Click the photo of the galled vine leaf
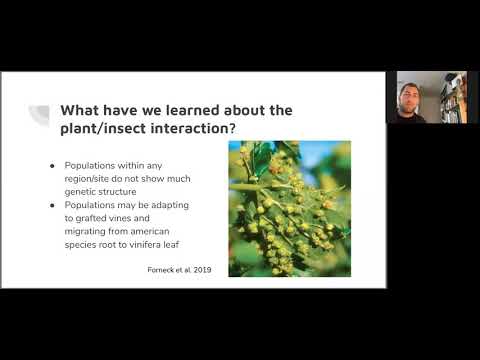pyautogui.click(x=290, y=209)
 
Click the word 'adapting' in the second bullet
pyautogui.click(x=170, y=205)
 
